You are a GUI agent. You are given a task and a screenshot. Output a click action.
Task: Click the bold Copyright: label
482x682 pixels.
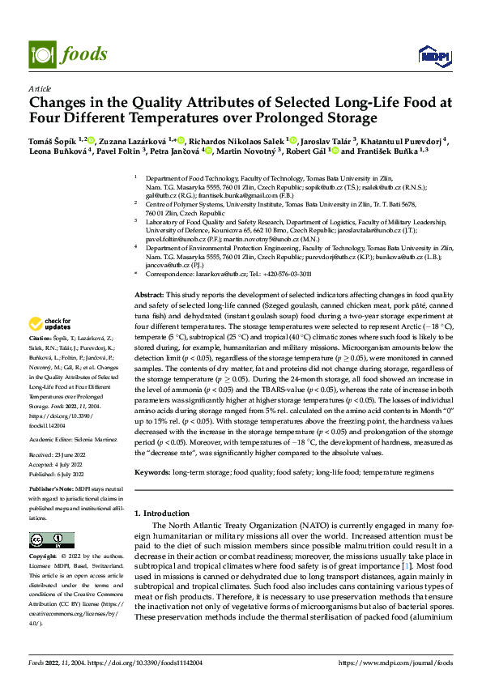click(44, 557)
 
